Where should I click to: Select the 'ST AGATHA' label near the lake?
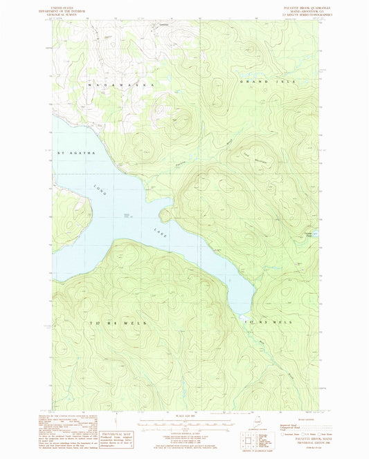71,152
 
